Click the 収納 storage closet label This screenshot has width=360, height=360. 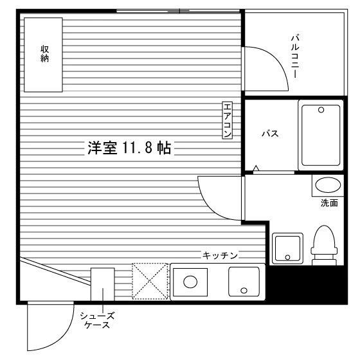tap(45, 54)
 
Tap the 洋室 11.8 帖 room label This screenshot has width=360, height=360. tap(129, 148)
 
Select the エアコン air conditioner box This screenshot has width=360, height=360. tap(228, 120)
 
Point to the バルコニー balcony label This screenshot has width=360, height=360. tap(295, 57)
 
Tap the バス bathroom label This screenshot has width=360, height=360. tap(270, 134)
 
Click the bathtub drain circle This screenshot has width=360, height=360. tap(321, 110)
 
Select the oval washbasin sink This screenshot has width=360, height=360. tap(328, 185)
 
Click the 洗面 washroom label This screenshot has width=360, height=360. tap(329, 203)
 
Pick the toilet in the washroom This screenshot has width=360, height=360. tap(324, 245)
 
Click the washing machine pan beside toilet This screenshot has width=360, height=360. tap(287, 248)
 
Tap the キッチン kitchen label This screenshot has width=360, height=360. tap(220, 255)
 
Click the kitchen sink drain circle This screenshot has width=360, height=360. tap(244, 291)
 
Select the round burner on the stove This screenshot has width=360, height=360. tap(190, 282)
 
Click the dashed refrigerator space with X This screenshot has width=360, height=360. tap(150, 282)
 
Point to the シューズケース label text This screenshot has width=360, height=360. tap(97, 320)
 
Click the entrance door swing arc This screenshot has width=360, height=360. tap(61, 337)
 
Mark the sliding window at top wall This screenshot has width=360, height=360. tap(178, 10)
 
